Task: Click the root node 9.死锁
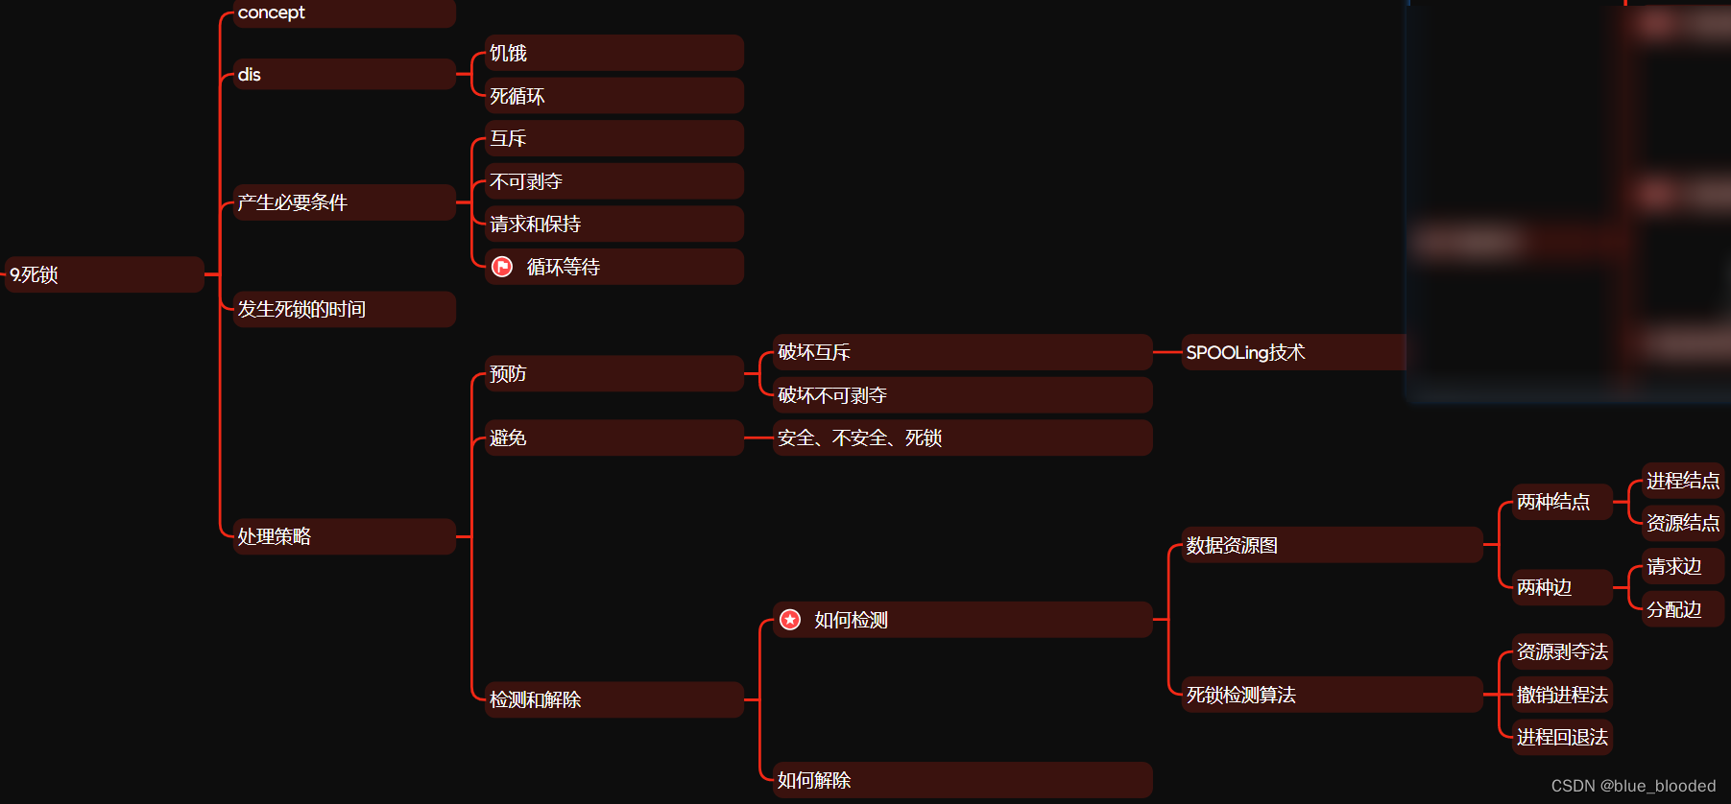click(104, 274)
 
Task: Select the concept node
click(344, 12)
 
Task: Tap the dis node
click(344, 74)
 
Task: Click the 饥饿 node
click(613, 53)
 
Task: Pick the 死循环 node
click(613, 96)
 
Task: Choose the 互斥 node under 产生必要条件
click(613, 138)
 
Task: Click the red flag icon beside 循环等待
click(502, 267)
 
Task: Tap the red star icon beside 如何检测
click(790, 620)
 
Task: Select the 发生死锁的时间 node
click(344, 309)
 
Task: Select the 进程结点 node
click(1682, 480)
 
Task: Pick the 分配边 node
click(1682, 609)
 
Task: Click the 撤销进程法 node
click(1562, 695)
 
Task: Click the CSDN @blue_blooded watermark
click(1633, 786)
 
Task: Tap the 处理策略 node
click(344, 536)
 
